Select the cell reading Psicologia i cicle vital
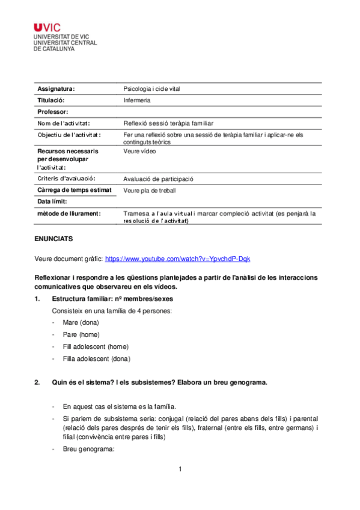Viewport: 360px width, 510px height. [151, 89]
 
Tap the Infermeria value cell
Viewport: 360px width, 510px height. [137, 100]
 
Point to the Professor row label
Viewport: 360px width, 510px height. [53, 112]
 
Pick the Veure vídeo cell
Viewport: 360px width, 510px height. [139, 152]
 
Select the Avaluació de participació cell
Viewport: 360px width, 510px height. [159, 179]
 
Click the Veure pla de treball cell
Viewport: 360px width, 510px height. [150, 191]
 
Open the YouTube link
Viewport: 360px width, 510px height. [177, 259]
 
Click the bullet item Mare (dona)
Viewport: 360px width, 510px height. [81, 323]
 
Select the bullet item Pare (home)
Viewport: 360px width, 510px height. [81, 334]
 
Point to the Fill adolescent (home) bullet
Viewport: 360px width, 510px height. [96, 346]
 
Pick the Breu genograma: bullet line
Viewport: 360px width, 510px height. [88, 449]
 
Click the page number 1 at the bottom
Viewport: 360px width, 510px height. [180, 469]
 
